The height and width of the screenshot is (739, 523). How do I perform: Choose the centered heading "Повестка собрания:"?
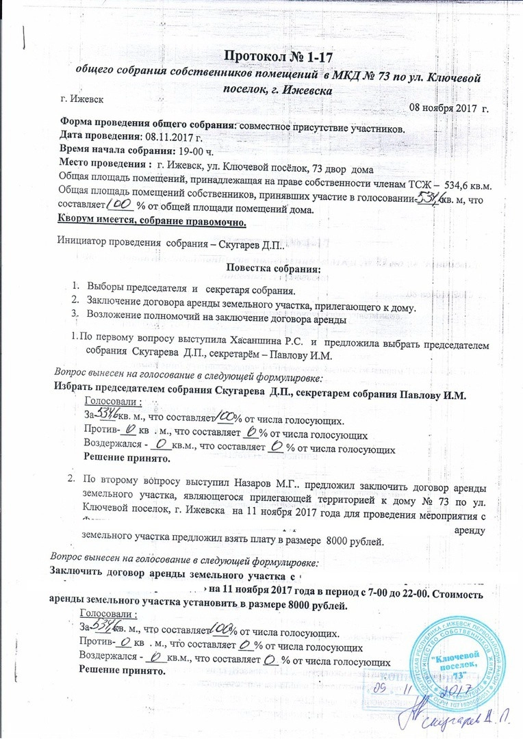point(272,269)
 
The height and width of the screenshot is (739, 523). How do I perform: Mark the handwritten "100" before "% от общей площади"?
point(120,205)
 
